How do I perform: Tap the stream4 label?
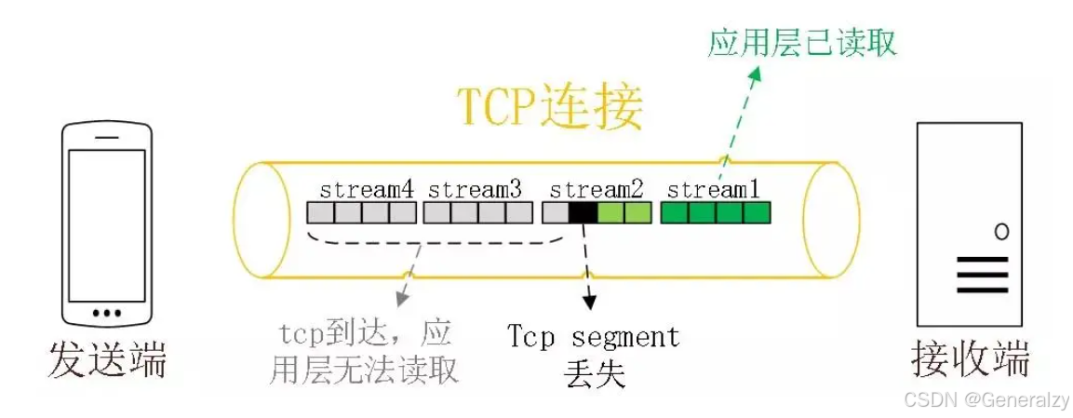366,190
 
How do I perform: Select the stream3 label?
475,190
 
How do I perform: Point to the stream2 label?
597,190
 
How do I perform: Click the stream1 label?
714,190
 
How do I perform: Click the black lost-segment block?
583,213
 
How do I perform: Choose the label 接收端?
971,358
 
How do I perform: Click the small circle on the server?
1000,232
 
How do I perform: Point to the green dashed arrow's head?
756,75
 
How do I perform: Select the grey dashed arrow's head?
399,303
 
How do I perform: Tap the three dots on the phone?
107,312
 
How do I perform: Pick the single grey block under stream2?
555,213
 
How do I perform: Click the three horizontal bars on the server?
982,275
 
